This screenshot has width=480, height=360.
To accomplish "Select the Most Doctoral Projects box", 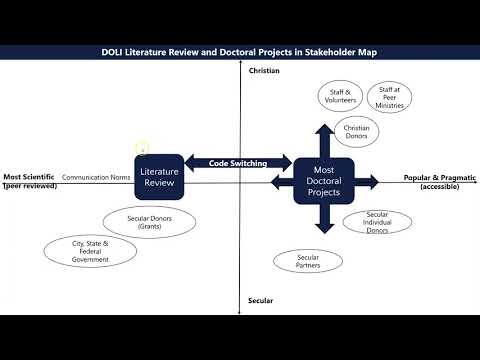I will pos(324,181).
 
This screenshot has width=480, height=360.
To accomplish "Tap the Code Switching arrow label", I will pos(231,162).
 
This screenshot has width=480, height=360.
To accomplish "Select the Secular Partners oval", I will pos(306,261).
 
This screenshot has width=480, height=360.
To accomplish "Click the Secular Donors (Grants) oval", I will pos(149,222).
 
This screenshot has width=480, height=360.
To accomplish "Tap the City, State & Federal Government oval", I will pos(89,250).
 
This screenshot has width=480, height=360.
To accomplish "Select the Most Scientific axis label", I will pos(28,181).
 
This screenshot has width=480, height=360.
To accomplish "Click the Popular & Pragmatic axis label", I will pos(440,181).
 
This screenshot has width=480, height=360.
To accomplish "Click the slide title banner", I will pos(240,53).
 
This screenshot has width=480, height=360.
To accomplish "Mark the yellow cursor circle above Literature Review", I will pos(143,149).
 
